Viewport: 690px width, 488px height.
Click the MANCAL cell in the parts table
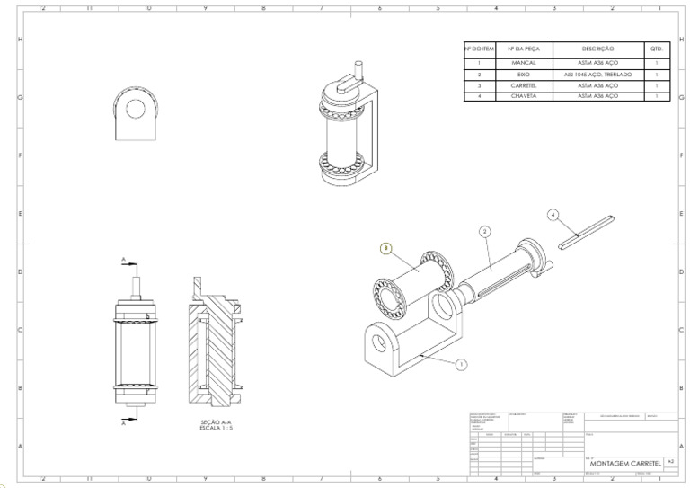click(523, 63)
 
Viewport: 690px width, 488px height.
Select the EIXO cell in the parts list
click(523, 74)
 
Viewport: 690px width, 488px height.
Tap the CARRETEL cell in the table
click(523, 84)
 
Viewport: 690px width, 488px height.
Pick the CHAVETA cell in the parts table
click(523, 95)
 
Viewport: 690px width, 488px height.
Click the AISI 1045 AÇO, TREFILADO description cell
click(597, 74)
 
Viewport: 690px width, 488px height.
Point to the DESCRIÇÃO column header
click(597, 49)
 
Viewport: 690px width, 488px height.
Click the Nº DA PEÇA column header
click(523, 49)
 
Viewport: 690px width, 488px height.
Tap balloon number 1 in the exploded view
click(461, 365)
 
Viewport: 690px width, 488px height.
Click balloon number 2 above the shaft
click(484, 231)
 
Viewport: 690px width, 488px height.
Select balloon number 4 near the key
click(553, 215)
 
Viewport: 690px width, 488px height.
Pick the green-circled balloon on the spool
click(385, 247)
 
